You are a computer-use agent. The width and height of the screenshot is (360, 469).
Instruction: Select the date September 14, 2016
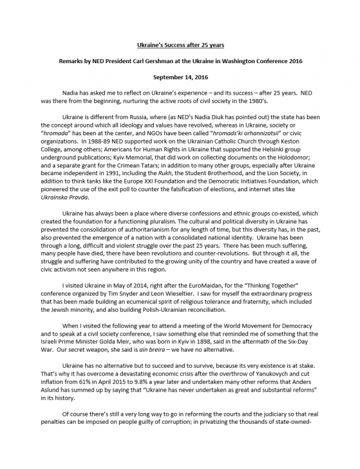(x=179, y=76)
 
